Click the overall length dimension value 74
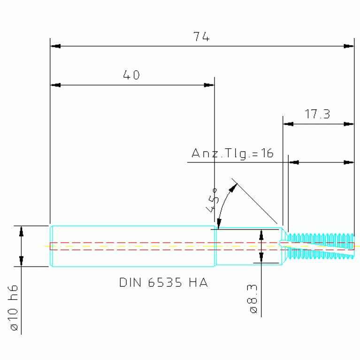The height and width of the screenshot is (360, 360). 201,37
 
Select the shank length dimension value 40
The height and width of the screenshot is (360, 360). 131,75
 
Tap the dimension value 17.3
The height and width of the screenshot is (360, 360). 318,114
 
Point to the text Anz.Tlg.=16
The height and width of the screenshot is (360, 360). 232,153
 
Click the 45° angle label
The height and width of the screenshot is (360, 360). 212,200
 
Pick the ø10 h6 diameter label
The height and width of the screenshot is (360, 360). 13,307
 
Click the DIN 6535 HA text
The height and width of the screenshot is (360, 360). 163,283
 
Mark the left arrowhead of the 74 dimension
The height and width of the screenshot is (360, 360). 55,46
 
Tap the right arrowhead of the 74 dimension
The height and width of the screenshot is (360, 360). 349,46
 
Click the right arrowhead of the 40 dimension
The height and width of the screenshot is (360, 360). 209,85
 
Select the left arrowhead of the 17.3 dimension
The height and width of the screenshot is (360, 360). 288,124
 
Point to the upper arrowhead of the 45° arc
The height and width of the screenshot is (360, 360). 233,188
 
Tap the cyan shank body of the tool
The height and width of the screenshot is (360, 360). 133,246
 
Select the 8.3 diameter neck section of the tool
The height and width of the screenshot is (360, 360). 249,246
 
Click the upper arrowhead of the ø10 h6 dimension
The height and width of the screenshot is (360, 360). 21,231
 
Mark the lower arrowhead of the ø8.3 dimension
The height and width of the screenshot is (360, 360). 261,258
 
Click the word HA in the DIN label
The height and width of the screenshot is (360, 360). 199,283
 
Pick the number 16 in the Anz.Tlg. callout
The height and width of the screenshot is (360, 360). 268,153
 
